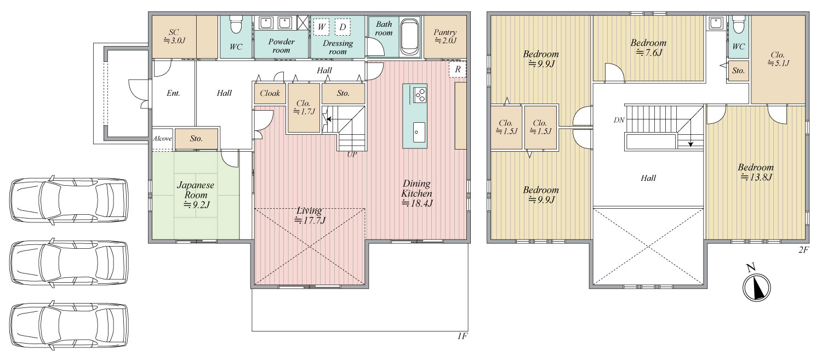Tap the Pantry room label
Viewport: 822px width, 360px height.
click(x=445, y=36)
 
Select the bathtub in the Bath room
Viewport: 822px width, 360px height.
click(x=410, y=37)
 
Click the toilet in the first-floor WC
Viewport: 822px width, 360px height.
click(x=235, y=25)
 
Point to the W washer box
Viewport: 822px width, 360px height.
click(x=322, y=27)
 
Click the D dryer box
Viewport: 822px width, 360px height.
click(x=342, y=27)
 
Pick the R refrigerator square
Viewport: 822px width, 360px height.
click(x=458, y=70)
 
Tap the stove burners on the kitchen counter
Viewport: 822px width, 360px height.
click(x=420, y=95)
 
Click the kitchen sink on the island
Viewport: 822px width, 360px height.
click(x=419, y=132)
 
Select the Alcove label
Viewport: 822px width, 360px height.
click(x=162, y=138)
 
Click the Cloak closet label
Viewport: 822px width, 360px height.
click(x=270, y=93)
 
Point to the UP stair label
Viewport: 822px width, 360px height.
click(x=352, y=155)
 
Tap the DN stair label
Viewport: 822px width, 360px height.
click(x=619, y=120)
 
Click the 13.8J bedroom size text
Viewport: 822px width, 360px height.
click(x=756, y=177)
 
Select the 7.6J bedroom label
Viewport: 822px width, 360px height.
click(x=648, y=48)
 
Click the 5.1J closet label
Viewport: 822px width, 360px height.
click(x=778, y=59)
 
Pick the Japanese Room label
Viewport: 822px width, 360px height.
click(x=196, y=190)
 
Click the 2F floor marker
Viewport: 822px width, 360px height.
click(x=803, y=250)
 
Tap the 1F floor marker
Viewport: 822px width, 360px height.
click(x=463, y=336)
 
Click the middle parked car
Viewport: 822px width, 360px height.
click(x=69, y=262)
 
